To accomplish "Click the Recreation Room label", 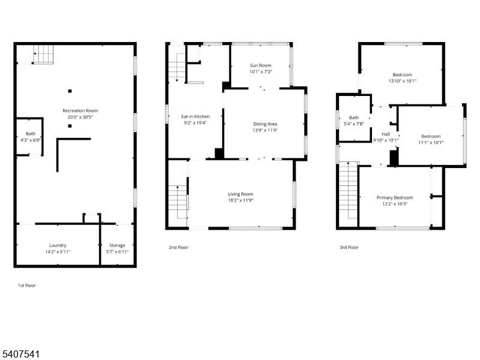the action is (x=80, y=110).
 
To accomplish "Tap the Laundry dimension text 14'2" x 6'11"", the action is (x=58, y=251).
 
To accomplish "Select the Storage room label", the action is (x=117, y=245).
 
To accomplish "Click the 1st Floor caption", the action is (x=26, y=286).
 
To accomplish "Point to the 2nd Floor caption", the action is (x=178, y=247).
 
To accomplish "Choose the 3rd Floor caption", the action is (x=349, y=247).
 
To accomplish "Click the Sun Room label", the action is (x=260, y=65).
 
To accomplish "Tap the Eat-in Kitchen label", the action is (x=196, y=116).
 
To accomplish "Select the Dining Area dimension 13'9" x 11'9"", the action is (x=265, y=130).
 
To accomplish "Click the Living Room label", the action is (x=241, y=194).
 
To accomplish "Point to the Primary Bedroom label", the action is (x=395, y=197).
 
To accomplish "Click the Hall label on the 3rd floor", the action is (x=386, y=134).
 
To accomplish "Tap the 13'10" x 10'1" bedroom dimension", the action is (x=402, y=81).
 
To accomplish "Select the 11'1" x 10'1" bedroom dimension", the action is (x=431, y=142).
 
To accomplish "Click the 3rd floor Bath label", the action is (x=354, y=118).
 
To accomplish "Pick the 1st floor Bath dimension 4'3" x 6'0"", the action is (x=31, y=140).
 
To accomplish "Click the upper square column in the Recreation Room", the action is (x=70, y=91).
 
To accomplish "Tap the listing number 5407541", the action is (x=20, y=354).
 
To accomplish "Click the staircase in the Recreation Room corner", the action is (x=43, y=54).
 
